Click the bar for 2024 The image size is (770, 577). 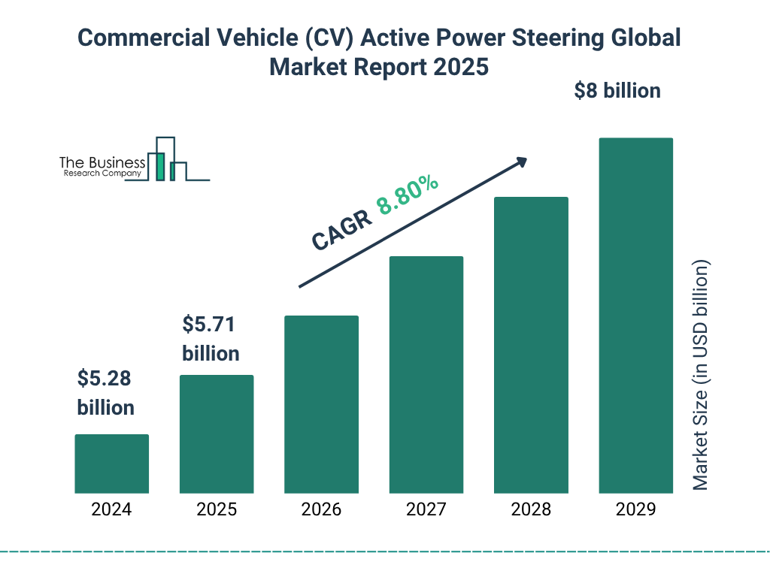[111, 464]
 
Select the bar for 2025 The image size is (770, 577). [217, 434]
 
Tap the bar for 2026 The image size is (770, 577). [321, 404]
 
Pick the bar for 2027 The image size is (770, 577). [426, 375]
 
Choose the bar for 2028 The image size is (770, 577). [531, 345]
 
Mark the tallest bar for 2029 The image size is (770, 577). [635, 316]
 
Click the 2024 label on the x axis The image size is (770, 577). [111, 509]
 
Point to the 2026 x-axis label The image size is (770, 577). [321, 509]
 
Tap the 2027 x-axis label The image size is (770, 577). [426, 509]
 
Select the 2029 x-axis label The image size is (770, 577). [635, 509]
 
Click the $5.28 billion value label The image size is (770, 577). [105, 393]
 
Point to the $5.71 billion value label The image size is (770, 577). [211, 339]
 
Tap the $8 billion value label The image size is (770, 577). [617, 91]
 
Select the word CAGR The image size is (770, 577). [341, 230]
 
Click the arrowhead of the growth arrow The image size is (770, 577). [521, 162]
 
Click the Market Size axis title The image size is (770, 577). [701, 376]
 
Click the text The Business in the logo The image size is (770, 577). [102, 163]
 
